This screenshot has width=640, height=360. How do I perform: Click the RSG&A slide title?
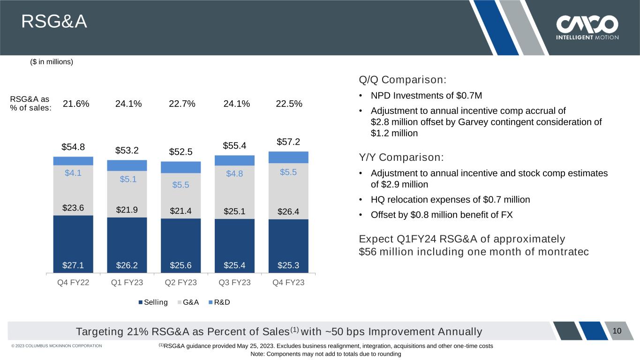pos(54,22)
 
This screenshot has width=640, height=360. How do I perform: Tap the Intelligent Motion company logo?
pos(587,28)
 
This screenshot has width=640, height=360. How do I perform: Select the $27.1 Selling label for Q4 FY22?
pos(73,265)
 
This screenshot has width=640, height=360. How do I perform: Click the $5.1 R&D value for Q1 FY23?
pos(127,179)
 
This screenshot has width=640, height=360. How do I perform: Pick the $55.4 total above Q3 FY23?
pos(234,146)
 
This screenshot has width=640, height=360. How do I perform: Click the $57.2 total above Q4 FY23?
pos(288,141)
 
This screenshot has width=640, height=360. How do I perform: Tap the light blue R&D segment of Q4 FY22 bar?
pos(73,161)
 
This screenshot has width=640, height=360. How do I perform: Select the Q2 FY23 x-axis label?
pos(181,283)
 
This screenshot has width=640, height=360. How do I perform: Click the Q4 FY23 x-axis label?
pos(288,283)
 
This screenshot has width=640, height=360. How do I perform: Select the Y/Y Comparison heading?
pos(401,157)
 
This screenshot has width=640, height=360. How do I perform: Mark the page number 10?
pos(617,331)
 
